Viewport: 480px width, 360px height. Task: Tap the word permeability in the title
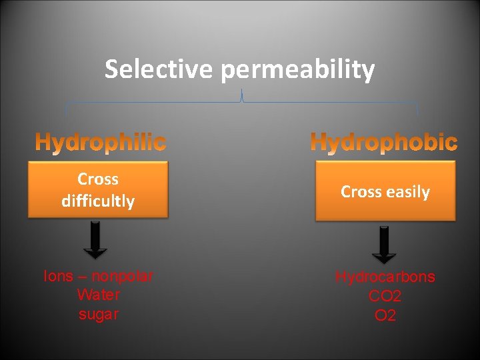[299, 70]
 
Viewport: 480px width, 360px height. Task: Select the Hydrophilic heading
[101, 142]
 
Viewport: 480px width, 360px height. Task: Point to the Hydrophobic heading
[384, 142]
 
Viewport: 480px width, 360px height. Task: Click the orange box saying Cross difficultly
[98, 190]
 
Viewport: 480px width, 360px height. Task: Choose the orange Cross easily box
[385, 192]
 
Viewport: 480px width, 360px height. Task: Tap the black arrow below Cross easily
[384, 244]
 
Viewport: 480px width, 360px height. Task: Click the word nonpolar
[123, 276]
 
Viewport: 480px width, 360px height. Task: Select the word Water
[98, 295]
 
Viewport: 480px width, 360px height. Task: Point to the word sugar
[98, 314]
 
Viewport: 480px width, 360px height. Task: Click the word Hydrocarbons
[385, 277]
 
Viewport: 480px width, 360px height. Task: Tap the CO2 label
[385, 296]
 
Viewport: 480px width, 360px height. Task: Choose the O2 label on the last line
[385, 315]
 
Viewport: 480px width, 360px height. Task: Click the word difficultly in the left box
[98, 201]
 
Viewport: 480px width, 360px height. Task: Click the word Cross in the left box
[98, 179]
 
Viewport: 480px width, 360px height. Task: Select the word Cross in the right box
[361, 192]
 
